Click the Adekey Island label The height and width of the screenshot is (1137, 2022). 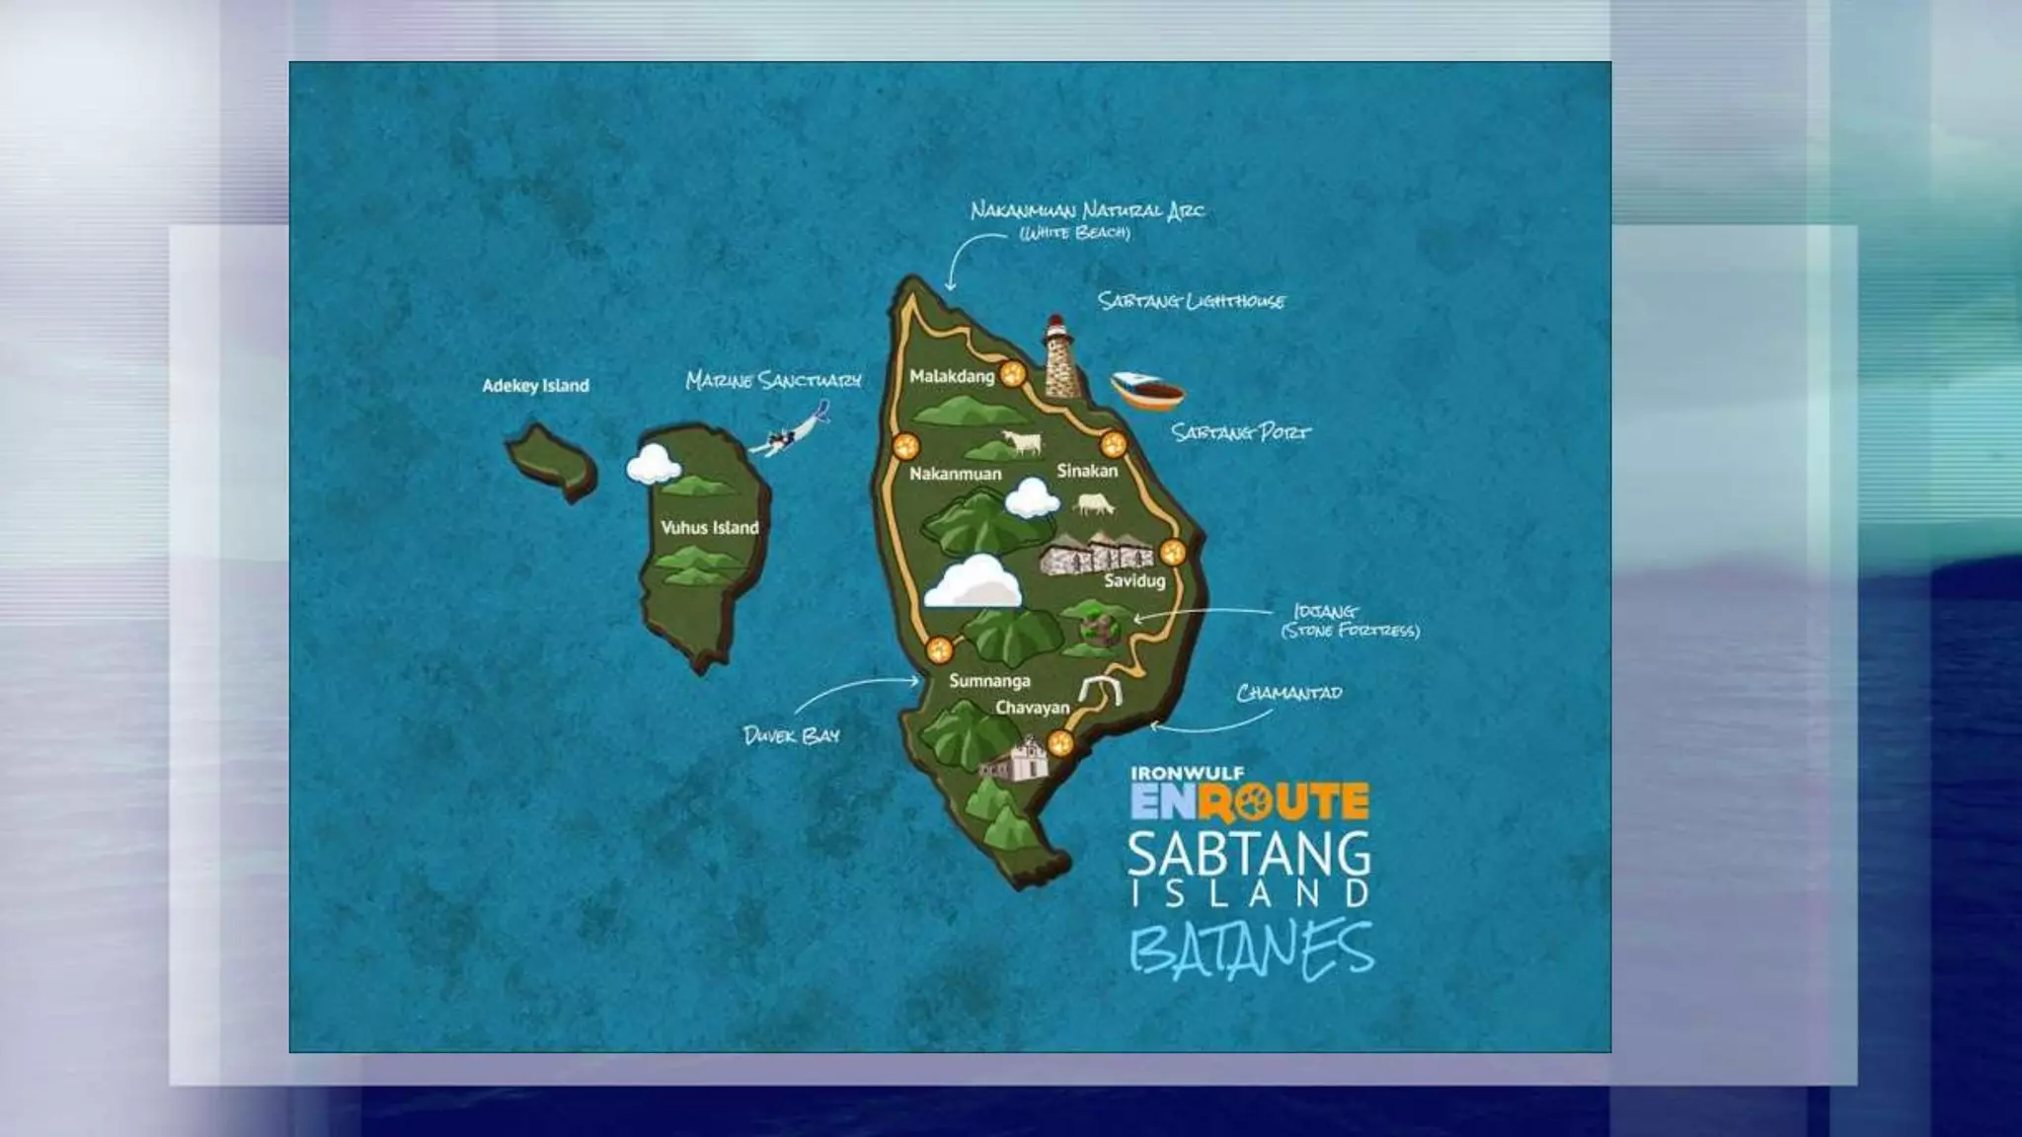pos(535,386)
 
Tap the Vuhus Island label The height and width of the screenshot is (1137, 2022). pos(709,528)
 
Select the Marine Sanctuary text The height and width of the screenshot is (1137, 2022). pos(773,380)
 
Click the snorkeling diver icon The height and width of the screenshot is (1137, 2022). pos(788,435)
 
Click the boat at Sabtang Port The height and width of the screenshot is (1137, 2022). pos(1147,391)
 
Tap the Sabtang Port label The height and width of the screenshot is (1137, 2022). pos(1241,432)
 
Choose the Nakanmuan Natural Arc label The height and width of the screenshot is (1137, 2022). pos(1087,210)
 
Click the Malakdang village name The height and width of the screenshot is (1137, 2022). pos(952,376)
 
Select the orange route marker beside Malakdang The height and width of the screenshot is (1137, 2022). pos(1012,374)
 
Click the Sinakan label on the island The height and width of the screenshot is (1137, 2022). pos(1087,471)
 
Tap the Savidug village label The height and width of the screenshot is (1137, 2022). pos(1134,581)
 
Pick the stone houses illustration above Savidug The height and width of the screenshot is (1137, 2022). pos(1095,554)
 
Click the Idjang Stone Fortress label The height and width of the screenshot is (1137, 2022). pos(1349,621)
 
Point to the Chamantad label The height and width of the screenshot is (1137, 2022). pos(1288,693)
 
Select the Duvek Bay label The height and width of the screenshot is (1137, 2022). pos(791,735)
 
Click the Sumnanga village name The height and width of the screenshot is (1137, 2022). pos(989,681)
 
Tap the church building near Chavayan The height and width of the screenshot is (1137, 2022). pos(1008,762)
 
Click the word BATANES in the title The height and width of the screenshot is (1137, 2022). pos(1251,949)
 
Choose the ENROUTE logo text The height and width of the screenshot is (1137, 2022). pos(1250,801)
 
